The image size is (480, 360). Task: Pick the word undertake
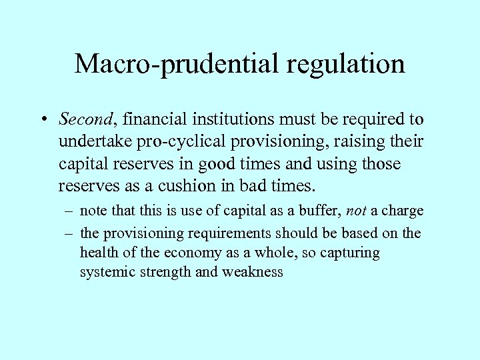pos(89,143)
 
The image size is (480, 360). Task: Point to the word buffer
pos(320,211)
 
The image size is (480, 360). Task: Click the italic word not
pos(357,211)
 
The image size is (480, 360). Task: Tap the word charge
pos(401,211)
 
